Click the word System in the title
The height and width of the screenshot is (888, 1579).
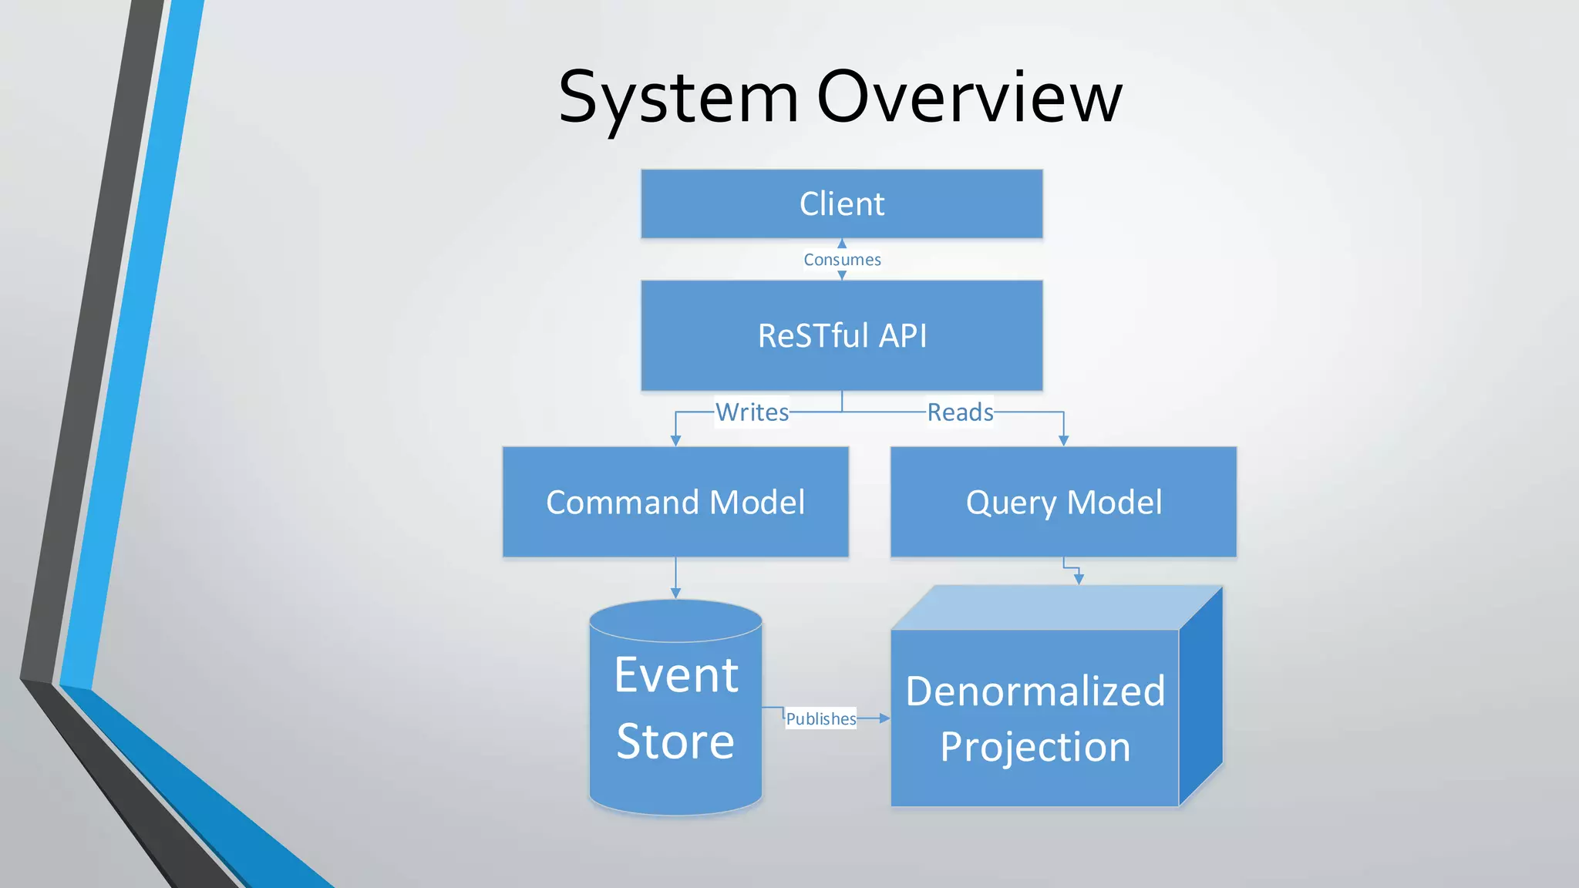coord(678,98)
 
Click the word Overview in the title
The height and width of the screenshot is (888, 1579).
coord(969,98)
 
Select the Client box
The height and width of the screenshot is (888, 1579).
coord(841,204)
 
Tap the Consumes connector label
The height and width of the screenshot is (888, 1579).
coord(842,260)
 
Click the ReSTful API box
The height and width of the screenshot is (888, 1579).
coord(841,336)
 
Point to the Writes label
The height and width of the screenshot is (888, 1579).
coord(752,412)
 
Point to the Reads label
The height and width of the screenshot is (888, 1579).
coord(960,412)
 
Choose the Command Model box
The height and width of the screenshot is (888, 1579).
coord(675,502)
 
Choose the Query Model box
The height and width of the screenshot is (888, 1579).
coord(1063,502)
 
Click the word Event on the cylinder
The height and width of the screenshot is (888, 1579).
coord(676,675)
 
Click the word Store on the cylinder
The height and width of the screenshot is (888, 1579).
coord(675,742)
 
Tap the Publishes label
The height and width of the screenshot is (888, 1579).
coord(820,718)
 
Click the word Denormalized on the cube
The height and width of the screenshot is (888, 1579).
coord(1035,691)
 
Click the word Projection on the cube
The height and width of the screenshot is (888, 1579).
coord(1035,747)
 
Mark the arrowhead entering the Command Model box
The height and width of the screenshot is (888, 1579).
coord(675,440)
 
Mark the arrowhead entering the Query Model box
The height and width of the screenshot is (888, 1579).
coord(1063,440)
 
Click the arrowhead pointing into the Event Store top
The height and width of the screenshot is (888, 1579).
coord(675,593)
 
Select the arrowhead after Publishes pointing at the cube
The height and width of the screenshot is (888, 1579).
coord(884,718)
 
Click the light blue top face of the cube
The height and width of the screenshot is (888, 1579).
coord(1056,607)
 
